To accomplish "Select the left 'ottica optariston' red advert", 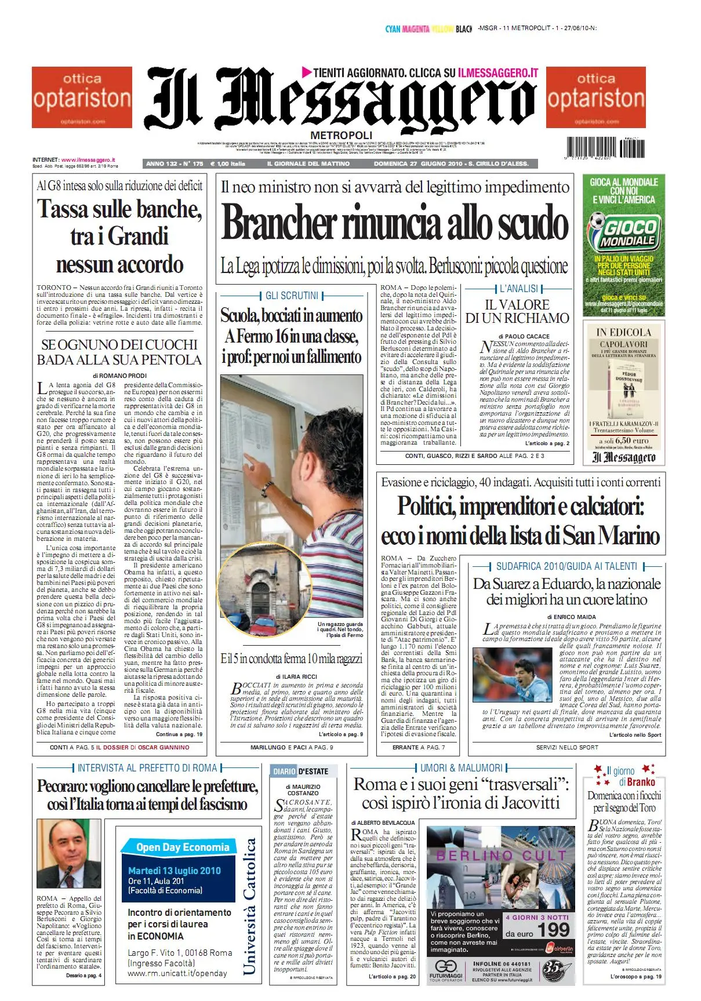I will tap(82, 97).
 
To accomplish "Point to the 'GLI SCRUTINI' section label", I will tap(292, 296).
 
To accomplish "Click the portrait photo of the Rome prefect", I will tap(69, 854).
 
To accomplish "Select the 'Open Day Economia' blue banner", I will tap(183, 847).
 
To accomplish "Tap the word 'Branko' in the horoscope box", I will tap(641, 782).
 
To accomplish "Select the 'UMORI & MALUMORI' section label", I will tap(461, 768).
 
